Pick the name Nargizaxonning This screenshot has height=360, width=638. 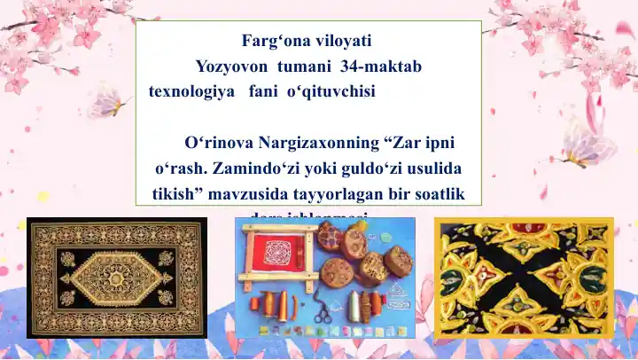(x=320, y=143)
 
